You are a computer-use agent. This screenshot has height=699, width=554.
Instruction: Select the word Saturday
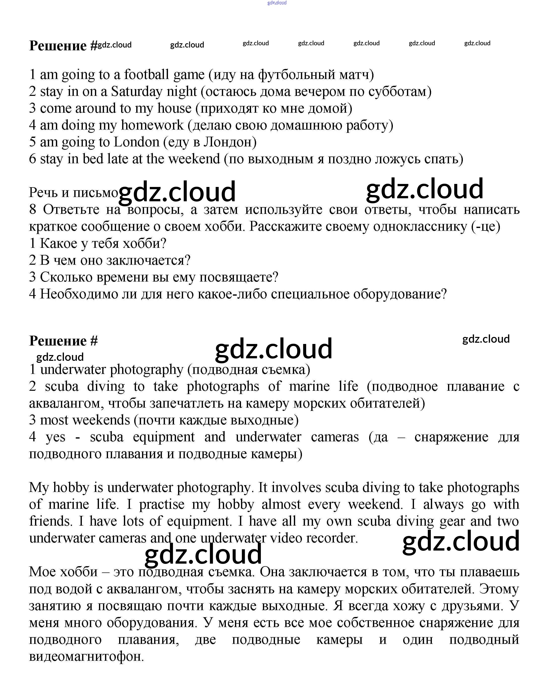pyautogui.click(x=136, y=91)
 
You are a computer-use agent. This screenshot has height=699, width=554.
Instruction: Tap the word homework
pyautogui.click(x=152, y=125)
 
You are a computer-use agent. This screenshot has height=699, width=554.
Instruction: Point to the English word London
pyautogui.click(x=136, y=142)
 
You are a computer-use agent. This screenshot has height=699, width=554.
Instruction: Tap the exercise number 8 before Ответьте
pyautogui.click(x=33, y=209)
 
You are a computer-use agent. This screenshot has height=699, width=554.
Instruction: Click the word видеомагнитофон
pyautogui.click(x=86, y=656)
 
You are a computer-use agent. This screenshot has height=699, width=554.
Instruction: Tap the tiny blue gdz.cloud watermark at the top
pyautogui.click(x=277, y=3)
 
